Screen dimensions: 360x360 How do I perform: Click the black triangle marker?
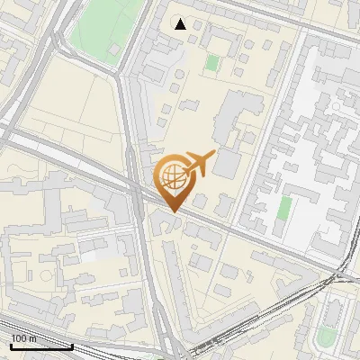point(181,24)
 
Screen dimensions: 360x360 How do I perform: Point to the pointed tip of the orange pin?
point(173,211)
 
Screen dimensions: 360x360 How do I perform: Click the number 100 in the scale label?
point(19,338)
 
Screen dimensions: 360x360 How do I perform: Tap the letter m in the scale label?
point(33,338)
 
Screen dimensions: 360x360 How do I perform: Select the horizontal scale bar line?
point(41,346)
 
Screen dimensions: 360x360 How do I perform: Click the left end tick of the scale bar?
point(11,345)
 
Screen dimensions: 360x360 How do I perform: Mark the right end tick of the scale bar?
point(72,345)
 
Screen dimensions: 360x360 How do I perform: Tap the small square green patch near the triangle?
point(212,62)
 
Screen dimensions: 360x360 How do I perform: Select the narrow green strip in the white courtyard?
point(283,208)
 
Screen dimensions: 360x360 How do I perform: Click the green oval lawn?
point(326,337)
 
